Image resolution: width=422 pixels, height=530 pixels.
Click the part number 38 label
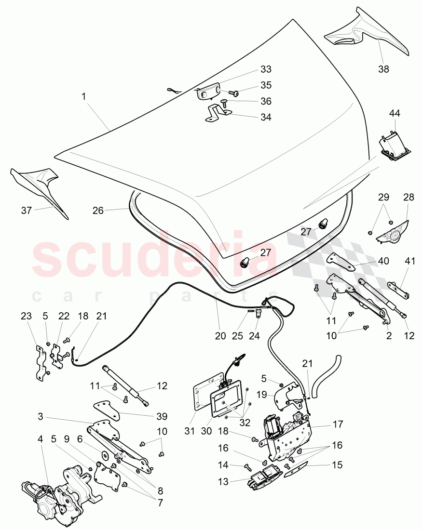383,69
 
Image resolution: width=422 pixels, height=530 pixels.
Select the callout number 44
395,114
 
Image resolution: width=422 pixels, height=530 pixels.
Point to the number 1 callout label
84,97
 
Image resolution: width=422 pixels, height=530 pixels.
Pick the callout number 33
266,69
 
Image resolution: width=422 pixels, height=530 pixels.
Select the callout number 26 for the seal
98,211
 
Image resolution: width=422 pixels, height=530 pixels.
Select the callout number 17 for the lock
338,424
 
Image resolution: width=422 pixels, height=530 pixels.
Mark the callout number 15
338,465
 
